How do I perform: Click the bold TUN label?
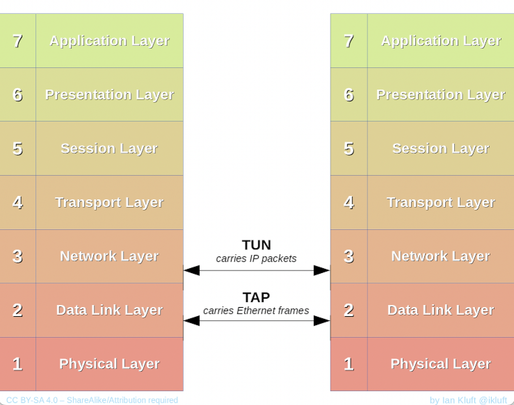coord(256,245)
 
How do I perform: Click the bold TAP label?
coord(256,297)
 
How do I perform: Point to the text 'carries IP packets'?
coord(256,259)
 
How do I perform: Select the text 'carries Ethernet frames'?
coord(256,311)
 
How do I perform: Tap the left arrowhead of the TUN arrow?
coord(192,270)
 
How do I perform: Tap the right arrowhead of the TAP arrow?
coord(322,321)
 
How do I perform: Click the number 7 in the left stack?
coord(17,41)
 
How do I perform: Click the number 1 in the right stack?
coord(349,364)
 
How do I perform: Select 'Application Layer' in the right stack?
coord(441,41)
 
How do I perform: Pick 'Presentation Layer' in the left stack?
coord(109,95)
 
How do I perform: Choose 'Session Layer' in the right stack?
coord(441,149)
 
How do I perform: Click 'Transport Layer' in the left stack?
coord(109,203)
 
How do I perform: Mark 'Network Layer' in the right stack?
coord(441,256)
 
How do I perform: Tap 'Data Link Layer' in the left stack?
coord(109,310)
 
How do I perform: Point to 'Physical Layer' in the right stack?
coord(441,364)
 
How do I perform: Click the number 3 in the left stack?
coord(17,256)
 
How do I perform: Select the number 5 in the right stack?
coord(349,149)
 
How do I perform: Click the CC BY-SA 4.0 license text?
coord(92,400)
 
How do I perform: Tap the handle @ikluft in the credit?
coord(492,400)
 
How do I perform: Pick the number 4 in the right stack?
coord(349,203)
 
